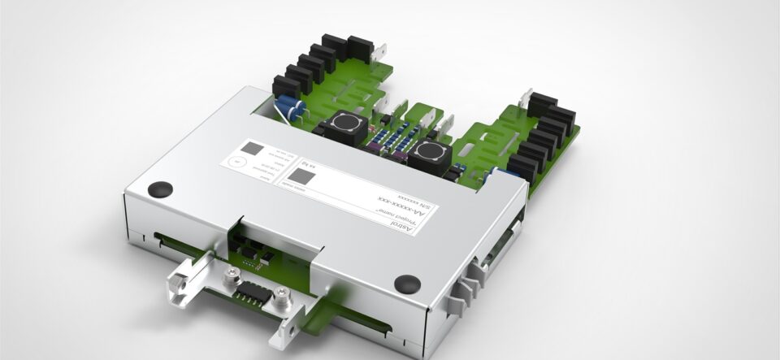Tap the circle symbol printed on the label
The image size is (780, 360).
(x=236, y=162)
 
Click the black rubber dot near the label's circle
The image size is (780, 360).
(x=160, y=189)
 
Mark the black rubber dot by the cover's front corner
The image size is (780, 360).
(x=406, y=284)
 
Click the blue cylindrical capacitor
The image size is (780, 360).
(x=292, y=109)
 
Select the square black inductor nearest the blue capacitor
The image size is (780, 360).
(x=336, y=128)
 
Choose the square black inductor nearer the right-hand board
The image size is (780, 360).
(x=429, y=153)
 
